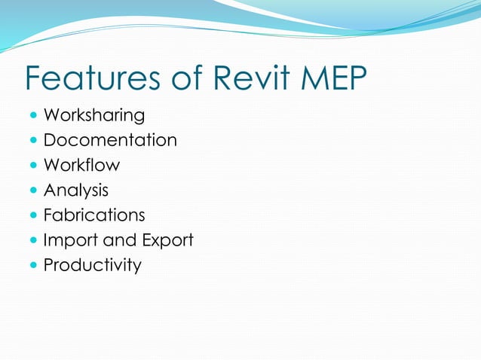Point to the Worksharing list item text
tap(94, 115)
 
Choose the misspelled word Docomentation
tap(110, 140)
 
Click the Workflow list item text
tap(81, 165)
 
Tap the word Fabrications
tap(94, 215)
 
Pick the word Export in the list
tap(167, 240)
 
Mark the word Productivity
tap(92, 265)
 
